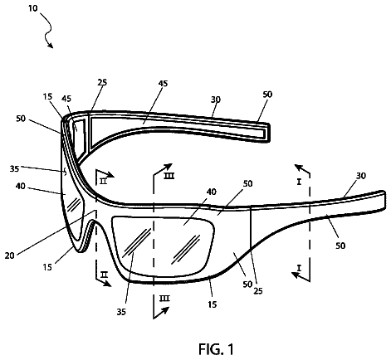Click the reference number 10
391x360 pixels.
tap(32, 8)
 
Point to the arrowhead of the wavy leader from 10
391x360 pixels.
tap(51, 45)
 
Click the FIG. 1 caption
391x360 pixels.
tap(216, 349)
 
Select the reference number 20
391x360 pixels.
tap(9, 255)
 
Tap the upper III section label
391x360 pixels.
tap(169, 176)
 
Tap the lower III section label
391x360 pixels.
tap(164, 299)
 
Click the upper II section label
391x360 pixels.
tap(103, 182)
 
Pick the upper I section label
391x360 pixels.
tap(299, 182)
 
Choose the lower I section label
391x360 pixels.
tap(299, 268)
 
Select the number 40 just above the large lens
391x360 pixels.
tap(212, 192)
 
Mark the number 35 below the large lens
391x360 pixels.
tap(121, 312)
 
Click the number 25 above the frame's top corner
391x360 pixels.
tap(102, 82)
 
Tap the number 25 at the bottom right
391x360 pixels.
tap(258, 291)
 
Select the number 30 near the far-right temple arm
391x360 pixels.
tap(361, 176)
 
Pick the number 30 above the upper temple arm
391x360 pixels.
tap(216, 100)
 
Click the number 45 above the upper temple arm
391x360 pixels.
tap(163, 83)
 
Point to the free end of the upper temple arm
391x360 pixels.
tap(269, 133)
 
